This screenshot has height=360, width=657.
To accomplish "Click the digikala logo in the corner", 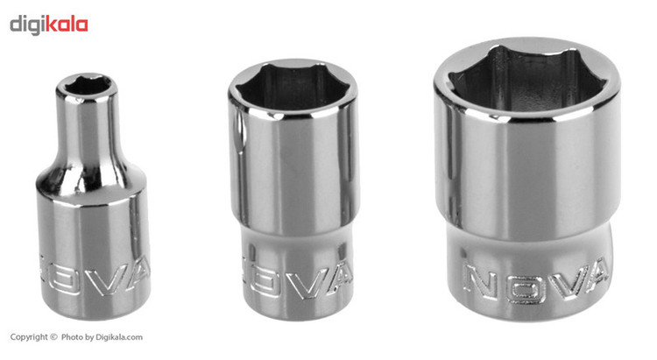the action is [x=48, y=25].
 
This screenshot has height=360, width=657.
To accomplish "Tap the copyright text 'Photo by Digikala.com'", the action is [x=102, y=337].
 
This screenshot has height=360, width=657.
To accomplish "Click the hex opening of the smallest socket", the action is [x=87, y=87].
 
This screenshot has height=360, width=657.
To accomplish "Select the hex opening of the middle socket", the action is [x=292, y=86].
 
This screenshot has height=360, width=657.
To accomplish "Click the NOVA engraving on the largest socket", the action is [x=536, y=281].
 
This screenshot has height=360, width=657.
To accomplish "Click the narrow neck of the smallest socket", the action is [x=87, y=130].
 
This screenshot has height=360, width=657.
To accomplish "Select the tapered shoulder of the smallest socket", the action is [x=90, y=181].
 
